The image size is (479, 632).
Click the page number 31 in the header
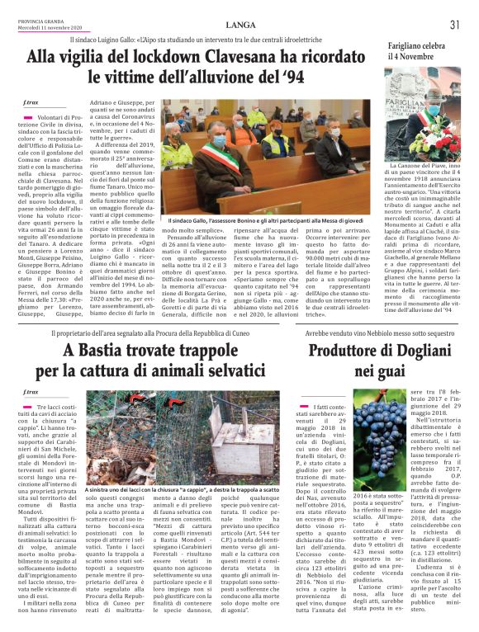coord(454,24)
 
